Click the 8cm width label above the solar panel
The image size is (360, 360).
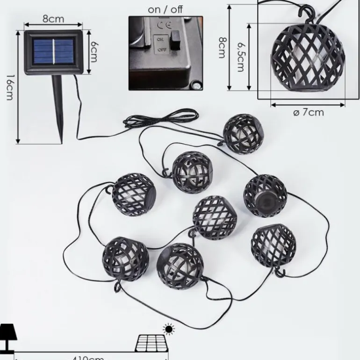53,19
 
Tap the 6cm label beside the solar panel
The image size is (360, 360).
94,50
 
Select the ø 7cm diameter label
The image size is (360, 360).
308,112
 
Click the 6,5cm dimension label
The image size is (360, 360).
241,57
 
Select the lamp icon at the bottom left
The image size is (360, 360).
8,337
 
